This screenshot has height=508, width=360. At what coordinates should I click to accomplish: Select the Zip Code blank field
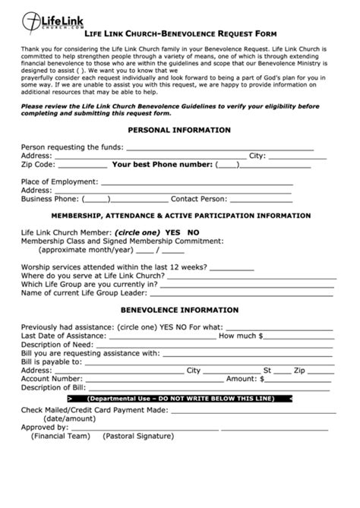point(82,164)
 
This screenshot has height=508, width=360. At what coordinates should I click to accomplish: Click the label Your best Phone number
point(162,164)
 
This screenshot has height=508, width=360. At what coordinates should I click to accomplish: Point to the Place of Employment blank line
point(196,182)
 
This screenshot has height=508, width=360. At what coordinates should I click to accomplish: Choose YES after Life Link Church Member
point(172,232)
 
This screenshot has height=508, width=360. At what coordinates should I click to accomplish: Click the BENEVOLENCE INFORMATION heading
point(179,311)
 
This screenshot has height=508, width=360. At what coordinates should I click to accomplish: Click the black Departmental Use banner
point(179,399)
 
